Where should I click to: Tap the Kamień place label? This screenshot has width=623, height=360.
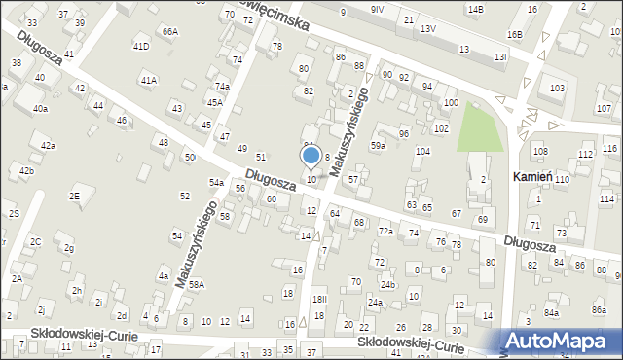pos(533,177)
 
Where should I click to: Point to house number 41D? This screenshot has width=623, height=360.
pos(141,46)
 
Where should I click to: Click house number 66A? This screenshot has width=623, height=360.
pos(170,31)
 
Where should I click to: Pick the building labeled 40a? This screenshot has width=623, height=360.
pos(40,109)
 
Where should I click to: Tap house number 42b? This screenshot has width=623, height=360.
pos(26,171)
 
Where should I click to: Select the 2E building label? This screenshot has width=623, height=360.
pos(74,196)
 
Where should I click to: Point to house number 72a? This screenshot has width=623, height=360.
pos(385,232)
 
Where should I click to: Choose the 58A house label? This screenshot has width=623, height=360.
pos(197,285)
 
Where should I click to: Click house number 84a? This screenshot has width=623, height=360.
pos(552,312)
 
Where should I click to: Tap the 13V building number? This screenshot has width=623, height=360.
pos(427,29)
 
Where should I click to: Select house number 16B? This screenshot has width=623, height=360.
pos(514,35)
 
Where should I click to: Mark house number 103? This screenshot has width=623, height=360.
pos(556,89)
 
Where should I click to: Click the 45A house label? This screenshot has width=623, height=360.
pos(214,102)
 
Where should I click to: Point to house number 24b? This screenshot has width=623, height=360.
pos(388,285)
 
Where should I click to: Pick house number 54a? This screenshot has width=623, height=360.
pos(216,182)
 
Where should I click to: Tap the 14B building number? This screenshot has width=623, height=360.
pos(475,9)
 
